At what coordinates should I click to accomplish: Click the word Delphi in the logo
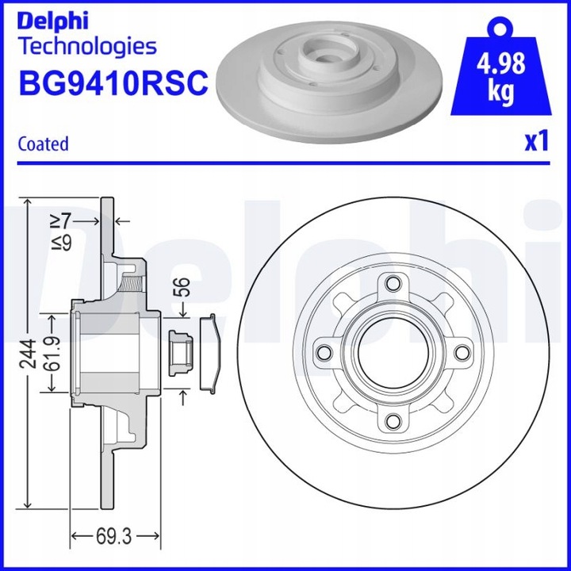53,19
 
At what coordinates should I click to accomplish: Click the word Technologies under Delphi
87,46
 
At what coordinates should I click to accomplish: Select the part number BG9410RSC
112,81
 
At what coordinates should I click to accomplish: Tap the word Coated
43,144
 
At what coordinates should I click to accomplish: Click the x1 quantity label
536,142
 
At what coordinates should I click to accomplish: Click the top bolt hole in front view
391,283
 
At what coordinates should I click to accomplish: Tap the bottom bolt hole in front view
391,422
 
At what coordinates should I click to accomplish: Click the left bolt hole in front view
323,352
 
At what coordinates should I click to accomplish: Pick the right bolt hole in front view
460,352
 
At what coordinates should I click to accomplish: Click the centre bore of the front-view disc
391,352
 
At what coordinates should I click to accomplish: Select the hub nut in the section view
178,351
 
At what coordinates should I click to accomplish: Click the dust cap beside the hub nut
210,352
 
